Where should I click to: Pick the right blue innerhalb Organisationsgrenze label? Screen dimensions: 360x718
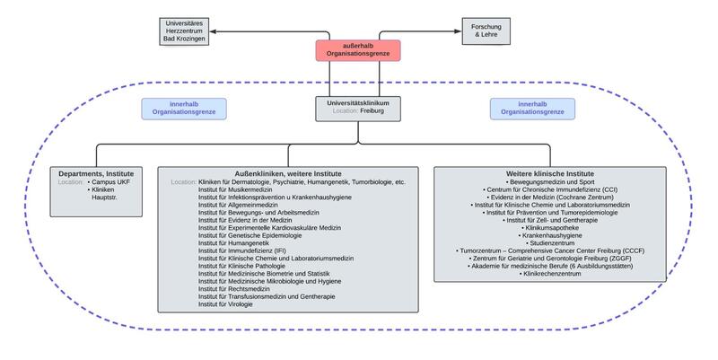(532, 109)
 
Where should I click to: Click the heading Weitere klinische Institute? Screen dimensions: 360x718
(550, 173)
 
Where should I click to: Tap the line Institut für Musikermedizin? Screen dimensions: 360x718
(236, 190)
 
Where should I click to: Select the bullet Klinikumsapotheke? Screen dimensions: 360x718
(551, 229)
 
